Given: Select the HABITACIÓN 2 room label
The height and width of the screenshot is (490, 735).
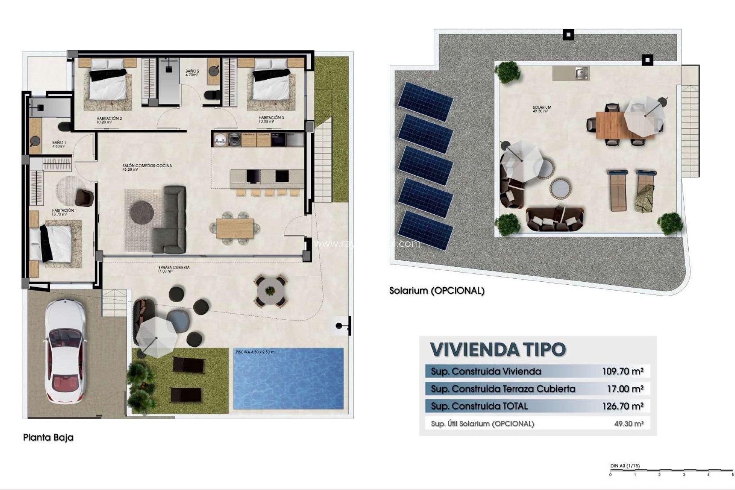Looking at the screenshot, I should pyautogui.click(x=109, y=120).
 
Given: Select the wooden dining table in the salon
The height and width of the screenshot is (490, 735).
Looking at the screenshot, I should pyautogui.click(x=235, y=228).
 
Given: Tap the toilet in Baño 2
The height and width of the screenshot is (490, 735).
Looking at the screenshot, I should pyautogui.click(x=212, y=95).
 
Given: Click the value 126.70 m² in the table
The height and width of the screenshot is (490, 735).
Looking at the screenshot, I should pyautogui.click(x=622, y=406).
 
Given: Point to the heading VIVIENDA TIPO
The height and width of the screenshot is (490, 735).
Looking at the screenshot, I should pyautogui.click(x=498, y=349).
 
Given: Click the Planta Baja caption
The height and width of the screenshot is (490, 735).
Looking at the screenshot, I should pyautogui.click(x=48, y=437).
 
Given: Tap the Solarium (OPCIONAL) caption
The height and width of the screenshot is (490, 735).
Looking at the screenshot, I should pyautogui.click(x=437, y=291).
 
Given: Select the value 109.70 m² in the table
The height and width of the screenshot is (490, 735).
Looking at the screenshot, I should pyautogui.click(x=622, y=371).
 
